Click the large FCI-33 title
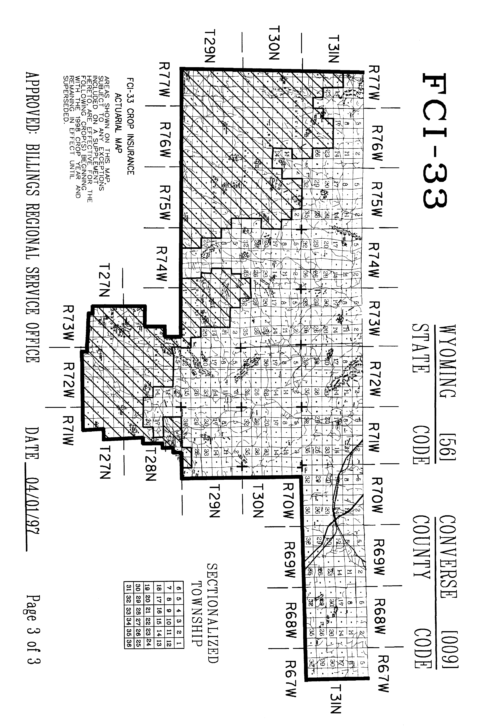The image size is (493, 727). [435, 141]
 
